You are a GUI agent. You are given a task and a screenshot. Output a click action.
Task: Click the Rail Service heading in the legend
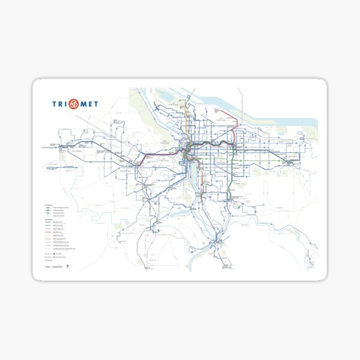[49, 220]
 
